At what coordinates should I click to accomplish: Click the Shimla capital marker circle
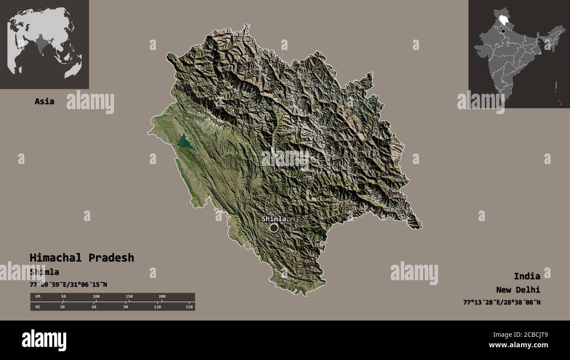point(274,228)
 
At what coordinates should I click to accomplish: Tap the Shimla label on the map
point(274,219)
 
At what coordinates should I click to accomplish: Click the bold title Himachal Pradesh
point(82,257)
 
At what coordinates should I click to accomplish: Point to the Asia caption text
point(44,101)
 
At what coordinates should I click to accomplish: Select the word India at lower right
point(527,276)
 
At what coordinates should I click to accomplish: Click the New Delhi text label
point(518,289)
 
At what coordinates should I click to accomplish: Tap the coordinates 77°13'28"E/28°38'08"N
point(502,302)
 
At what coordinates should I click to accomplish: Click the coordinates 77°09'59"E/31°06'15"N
point(68,285)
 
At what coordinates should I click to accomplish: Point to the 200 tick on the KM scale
point(162,297)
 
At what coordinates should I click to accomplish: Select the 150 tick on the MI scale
point(189,307)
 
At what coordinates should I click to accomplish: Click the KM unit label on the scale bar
point(38,297)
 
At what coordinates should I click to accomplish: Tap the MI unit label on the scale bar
point(38,307)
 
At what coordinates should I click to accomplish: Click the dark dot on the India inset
point(504,31)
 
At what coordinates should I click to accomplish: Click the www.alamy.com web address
point(518,346)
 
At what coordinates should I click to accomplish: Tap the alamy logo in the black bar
point(44,340)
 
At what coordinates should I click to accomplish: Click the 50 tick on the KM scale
point(63,297)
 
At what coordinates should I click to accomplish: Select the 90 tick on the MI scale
point(125,307)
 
